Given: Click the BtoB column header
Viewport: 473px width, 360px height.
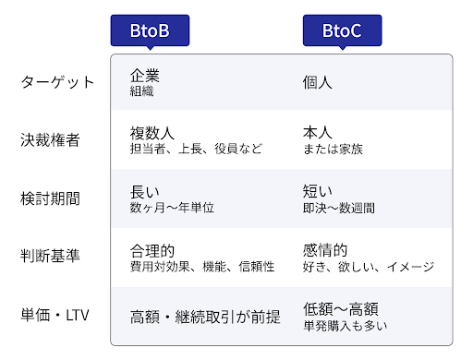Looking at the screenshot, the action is click(150, 30).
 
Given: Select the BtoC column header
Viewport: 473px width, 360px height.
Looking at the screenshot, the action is click(342, 30).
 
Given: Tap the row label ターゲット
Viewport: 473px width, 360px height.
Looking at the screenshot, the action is click(57, 82).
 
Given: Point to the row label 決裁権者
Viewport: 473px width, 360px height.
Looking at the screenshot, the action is click(50, 140).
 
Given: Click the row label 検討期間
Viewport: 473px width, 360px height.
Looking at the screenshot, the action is click(50, 198).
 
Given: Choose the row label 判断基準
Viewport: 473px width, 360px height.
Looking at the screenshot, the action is click(50, 256).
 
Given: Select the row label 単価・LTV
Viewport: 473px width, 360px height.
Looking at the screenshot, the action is click(55, 315).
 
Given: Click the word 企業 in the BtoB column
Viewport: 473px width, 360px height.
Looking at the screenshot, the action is click(145, 76).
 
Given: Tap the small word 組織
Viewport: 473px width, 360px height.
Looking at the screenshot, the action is click(141, 91).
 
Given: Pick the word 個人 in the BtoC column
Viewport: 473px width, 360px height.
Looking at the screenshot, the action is click(318, 82).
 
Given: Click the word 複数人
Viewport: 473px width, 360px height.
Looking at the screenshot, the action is click(152, 134).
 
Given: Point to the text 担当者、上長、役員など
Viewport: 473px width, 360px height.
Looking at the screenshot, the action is click(196, 149).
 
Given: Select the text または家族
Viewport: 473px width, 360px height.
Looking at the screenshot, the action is click(333, 150).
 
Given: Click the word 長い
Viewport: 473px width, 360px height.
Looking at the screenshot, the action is click(145, 192).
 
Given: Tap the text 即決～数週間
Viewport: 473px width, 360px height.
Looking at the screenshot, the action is click(339, 208).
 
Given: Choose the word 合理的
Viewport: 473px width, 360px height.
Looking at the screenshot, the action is click(152, 251).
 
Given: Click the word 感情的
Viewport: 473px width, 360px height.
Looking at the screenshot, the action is click(325, 250).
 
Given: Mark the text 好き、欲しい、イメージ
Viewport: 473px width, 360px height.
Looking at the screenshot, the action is click(369, 267).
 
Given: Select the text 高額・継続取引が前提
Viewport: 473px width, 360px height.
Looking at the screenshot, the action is click(205, 317).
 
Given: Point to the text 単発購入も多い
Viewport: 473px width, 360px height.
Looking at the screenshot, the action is click(346, 326).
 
